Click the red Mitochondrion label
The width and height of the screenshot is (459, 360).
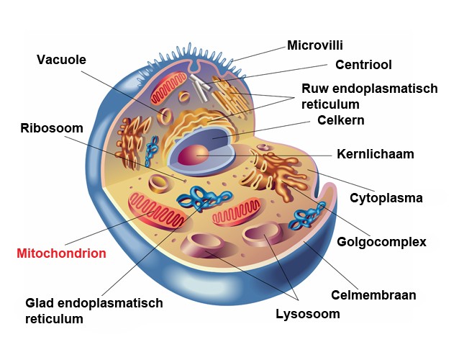(x=61, y=253)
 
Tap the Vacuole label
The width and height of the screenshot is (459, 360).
(x=61, y=59)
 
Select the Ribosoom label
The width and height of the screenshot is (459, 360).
(x=52, y=128)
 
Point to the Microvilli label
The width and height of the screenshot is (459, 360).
(x=314, y=45)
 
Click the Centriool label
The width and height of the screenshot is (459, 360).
(x=363, y=65)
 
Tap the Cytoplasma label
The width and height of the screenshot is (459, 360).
(x=386, y=197)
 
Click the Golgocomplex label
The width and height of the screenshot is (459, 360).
(x=381, y=242)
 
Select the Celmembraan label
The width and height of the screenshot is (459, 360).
(x=373, y=294)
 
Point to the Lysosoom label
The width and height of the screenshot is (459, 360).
(x=308, y=314)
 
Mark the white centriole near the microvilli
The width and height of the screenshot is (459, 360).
(x=204, y=86)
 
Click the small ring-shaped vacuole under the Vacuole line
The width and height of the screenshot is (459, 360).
(x=166, y=115)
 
